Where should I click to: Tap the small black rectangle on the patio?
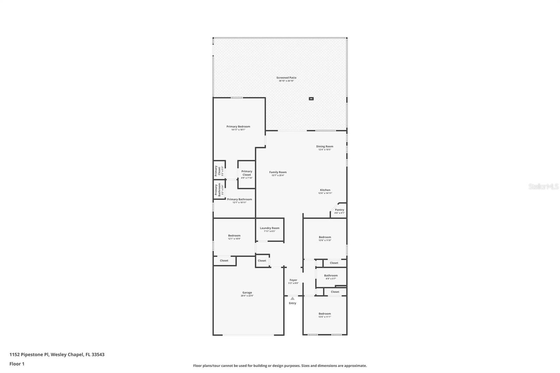[311, 99]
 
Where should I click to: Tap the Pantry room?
[339, 211]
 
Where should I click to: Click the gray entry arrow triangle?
[292, 298]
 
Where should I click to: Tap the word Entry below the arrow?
[292, 303]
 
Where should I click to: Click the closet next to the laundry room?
[262, 261]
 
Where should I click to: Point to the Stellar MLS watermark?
[543, 186]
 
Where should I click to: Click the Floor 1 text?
[17, 364]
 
